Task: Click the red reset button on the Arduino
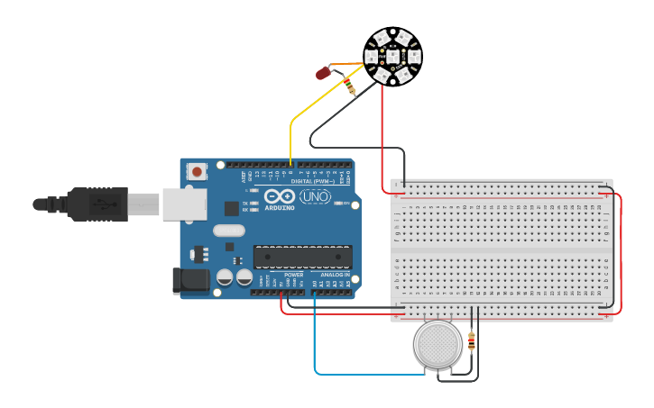197,170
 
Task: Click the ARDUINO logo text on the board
280,208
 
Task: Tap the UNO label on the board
315,196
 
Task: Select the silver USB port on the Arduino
185,204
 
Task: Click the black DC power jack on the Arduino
192,280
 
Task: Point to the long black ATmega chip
302,257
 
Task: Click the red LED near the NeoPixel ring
321,73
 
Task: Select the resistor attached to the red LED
349,86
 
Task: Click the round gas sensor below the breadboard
438,344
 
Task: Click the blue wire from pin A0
315,351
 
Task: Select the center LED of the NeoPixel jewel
392,56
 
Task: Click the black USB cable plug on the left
90,204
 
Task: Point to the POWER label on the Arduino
293,275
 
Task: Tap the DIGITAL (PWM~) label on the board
309,181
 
